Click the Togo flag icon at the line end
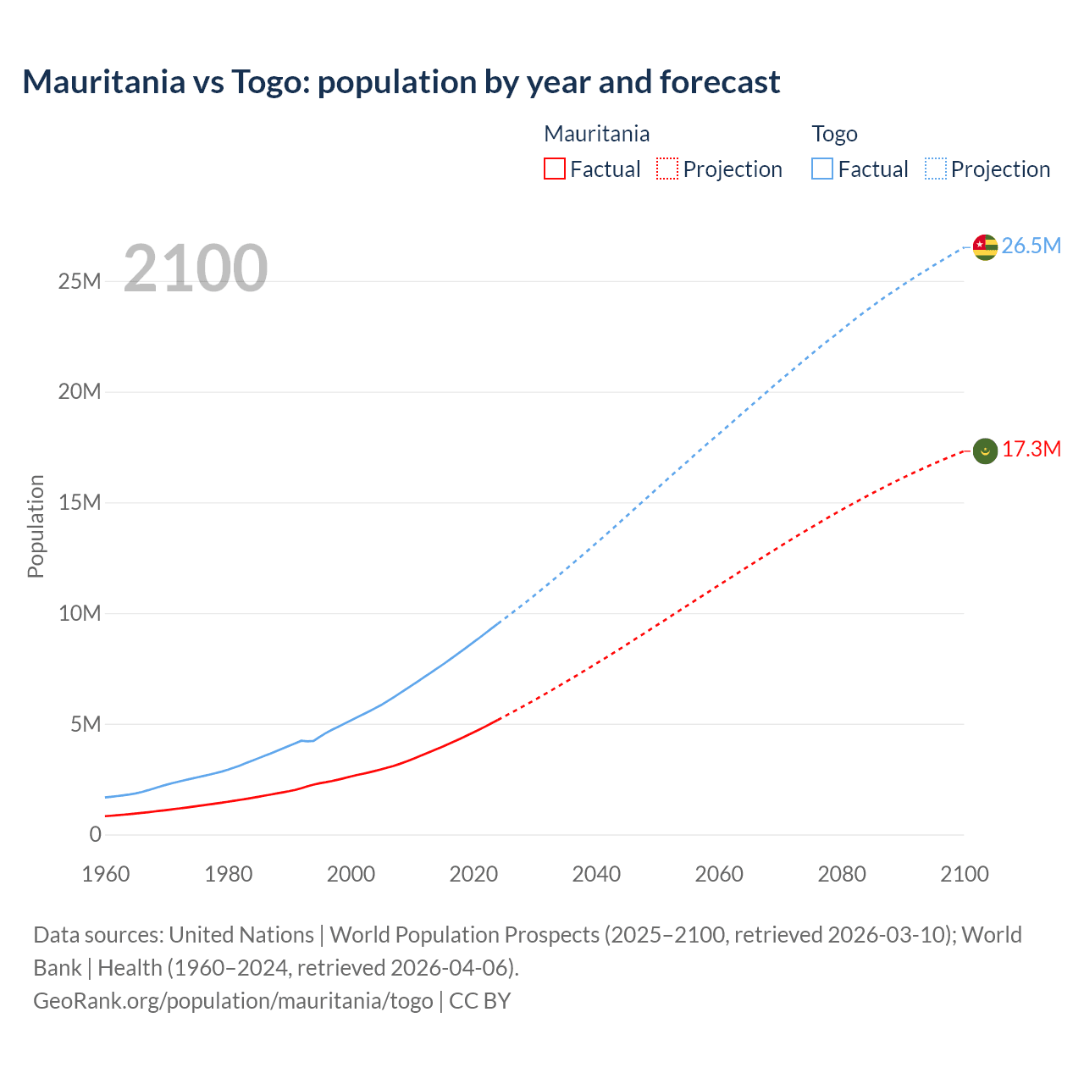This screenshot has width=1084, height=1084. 985,246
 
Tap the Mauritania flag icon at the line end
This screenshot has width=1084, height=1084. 985,451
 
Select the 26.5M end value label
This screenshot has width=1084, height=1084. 1031,246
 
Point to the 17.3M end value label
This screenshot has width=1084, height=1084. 1031,450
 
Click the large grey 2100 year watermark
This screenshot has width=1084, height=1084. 196,268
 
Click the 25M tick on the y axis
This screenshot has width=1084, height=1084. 80,282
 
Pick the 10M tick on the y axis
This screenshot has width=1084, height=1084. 80,614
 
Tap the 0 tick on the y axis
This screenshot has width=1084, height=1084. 95,835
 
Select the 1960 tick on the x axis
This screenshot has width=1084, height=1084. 106,874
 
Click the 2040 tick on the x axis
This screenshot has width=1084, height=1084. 596,874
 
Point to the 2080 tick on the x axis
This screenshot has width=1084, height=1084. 842,874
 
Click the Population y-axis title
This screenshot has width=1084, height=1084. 36,527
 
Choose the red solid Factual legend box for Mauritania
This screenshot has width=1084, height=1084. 555,169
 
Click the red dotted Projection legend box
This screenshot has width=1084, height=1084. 667,169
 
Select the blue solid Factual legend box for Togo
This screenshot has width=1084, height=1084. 822,169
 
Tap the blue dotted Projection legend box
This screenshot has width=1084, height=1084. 936,169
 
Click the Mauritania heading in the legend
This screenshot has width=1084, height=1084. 596,134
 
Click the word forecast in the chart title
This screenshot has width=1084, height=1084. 720,82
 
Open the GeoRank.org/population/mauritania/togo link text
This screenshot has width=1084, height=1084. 233,1001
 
